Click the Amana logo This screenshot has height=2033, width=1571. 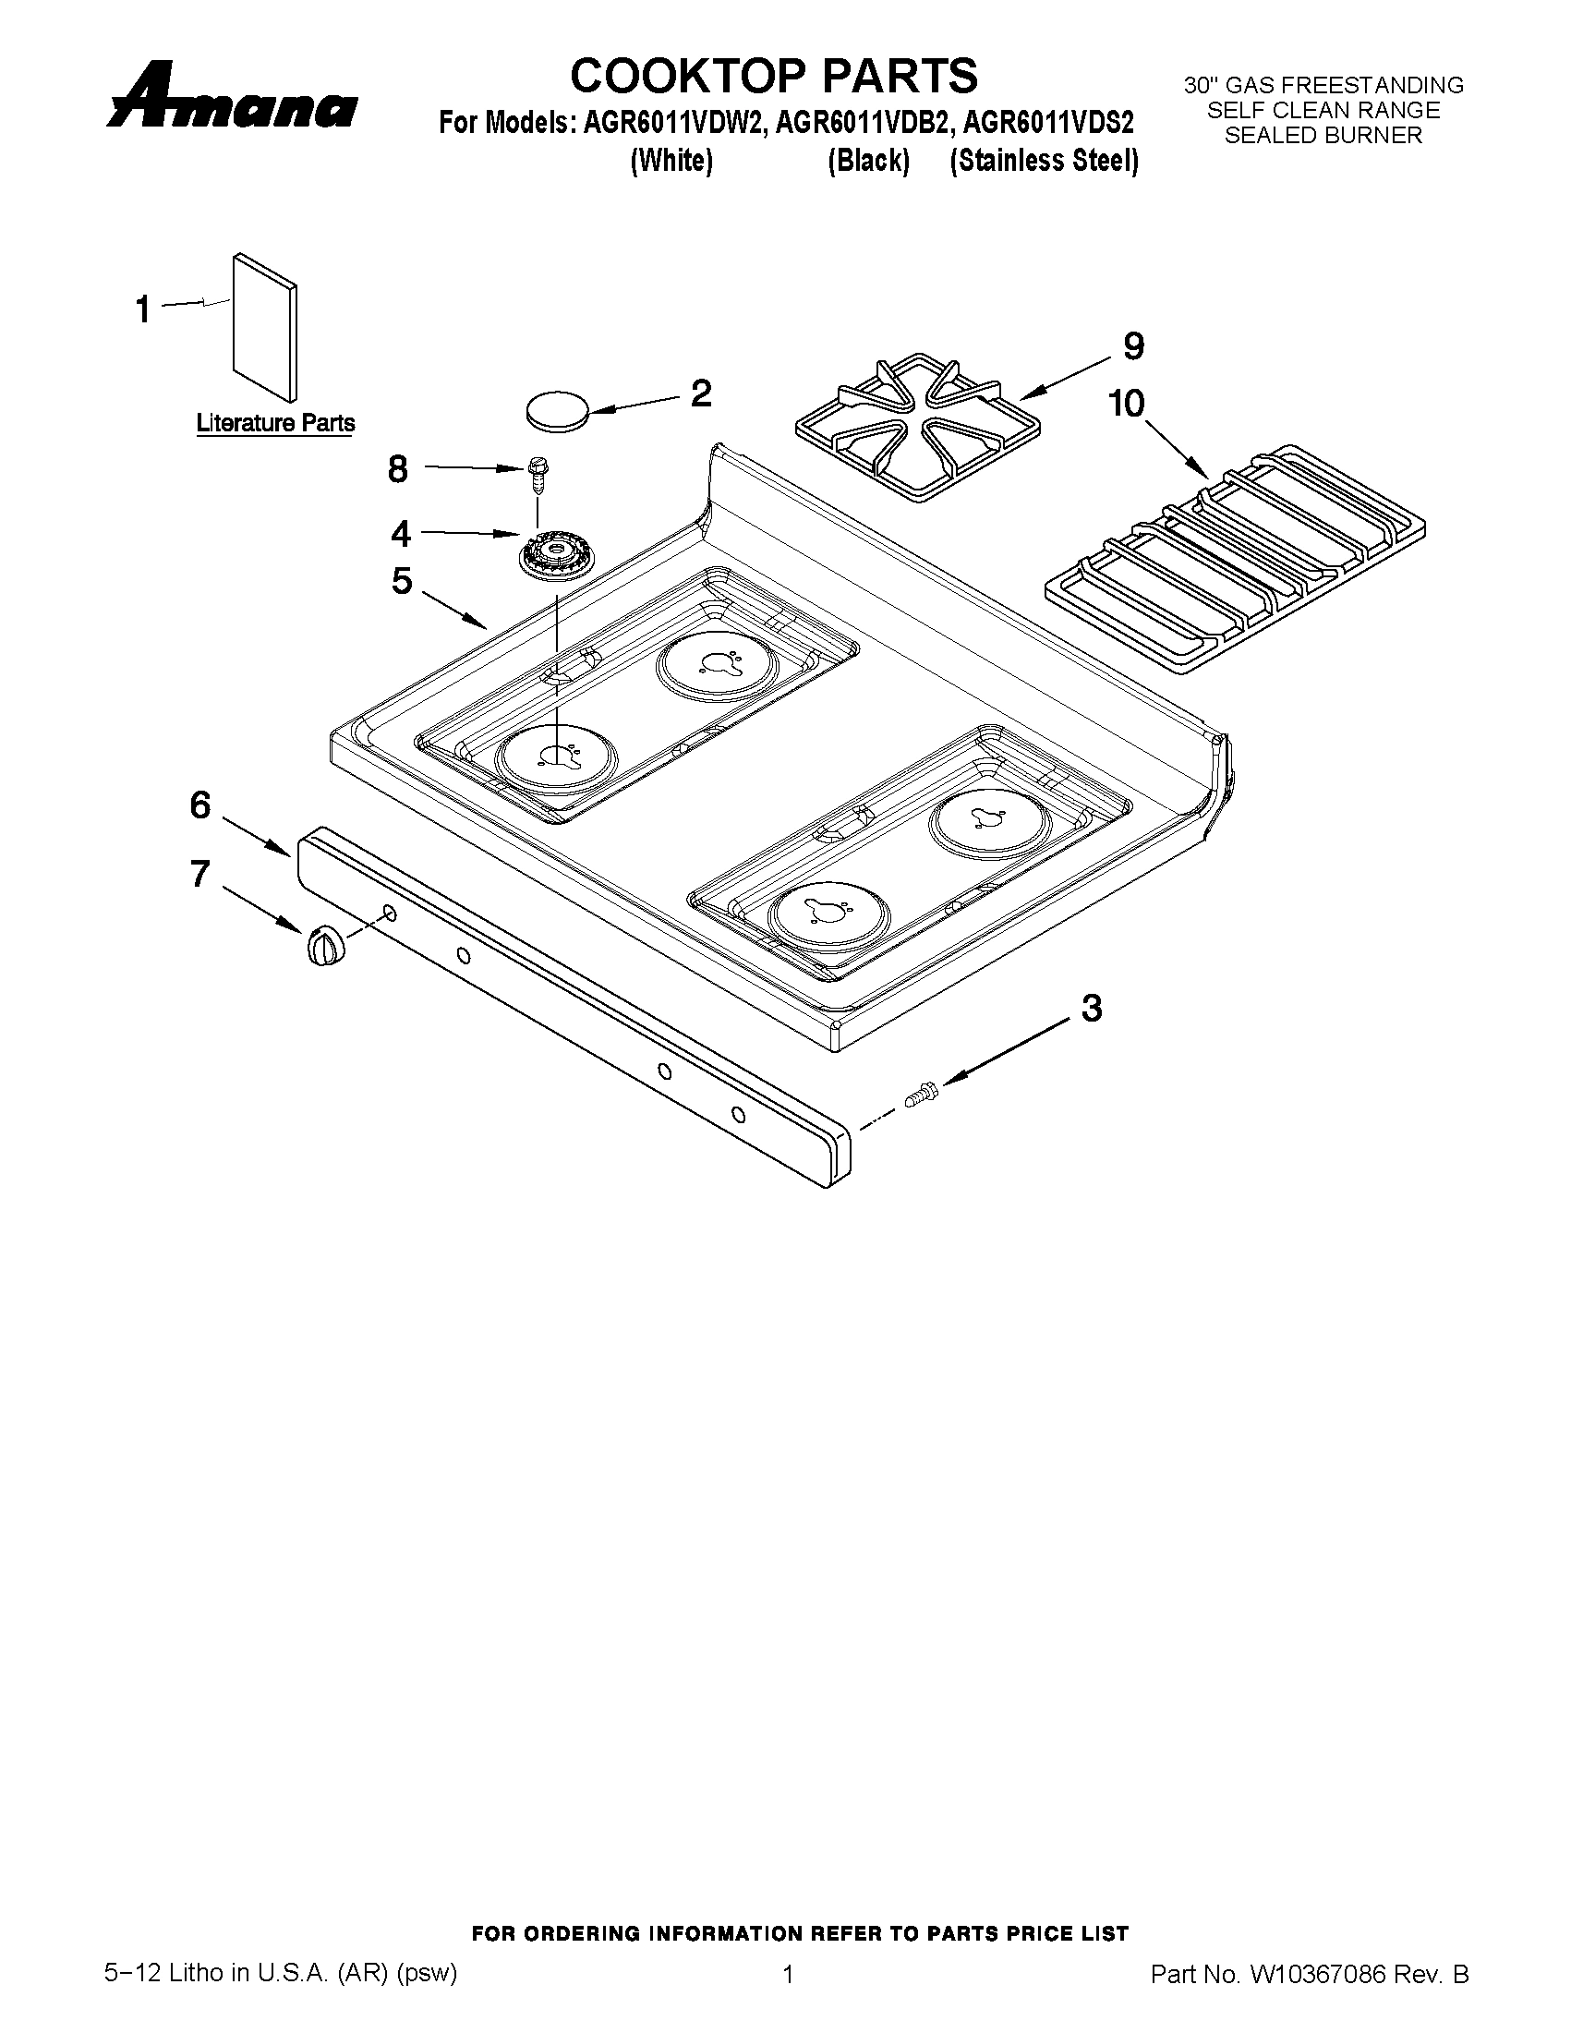(232, 97)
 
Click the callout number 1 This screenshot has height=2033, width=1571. (143, 310)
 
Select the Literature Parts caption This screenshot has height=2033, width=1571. (275, 424)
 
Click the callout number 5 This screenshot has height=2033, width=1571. (402, 582)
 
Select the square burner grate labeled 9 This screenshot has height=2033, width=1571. (918, 425)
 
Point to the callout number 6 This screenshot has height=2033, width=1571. (201, 806)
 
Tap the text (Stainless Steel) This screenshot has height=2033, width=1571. (1045, 161)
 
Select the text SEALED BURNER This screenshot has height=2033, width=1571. (1323, 136)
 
